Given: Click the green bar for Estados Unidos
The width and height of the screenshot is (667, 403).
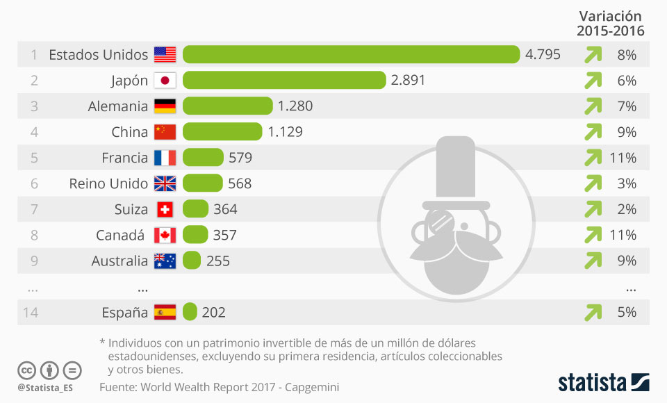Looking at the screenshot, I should click(x=351, y=55).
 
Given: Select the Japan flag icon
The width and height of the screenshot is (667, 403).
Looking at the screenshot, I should click(x=165, y=81).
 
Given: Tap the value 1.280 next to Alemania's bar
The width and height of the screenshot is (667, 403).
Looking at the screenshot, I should click(x=295, y=106).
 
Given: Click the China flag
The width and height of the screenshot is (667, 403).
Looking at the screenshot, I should click(x=165, y=132).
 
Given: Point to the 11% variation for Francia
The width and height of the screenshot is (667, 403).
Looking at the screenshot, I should click(x=623, y=158).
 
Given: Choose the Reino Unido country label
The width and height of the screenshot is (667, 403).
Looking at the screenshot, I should click(x=108, y=183).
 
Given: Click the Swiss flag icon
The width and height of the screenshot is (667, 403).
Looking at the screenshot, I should click(x=165, y=209).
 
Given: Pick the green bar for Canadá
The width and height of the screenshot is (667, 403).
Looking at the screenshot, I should click(x=195, y=235).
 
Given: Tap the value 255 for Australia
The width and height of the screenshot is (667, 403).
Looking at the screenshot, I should click(x=217, y=261).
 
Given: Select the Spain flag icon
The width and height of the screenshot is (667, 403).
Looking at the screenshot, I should click(x=165, y=313).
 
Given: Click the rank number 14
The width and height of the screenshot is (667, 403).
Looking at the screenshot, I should click(x=30, y=313).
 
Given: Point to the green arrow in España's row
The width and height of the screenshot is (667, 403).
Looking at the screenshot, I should click(x=593, y=313).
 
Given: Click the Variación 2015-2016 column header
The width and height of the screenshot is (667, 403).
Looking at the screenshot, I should click(x=611, y=24).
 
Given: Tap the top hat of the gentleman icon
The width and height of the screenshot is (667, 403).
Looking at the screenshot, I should click(x=455, y=167).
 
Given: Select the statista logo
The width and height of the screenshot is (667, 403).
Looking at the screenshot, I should click(x=603, y=381).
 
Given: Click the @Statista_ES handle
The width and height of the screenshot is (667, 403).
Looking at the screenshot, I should click(x=45, y=387).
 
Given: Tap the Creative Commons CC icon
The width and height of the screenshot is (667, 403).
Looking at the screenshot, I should click(x=26, y=370).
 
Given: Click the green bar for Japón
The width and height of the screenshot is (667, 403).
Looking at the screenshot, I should click(x=284, y=81).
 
